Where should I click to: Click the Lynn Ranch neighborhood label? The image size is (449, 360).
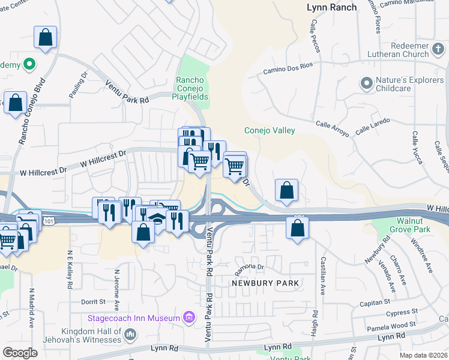(x=331, y=7)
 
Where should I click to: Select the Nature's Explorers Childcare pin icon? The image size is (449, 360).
(x=366, y=83)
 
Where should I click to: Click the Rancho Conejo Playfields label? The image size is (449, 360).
(x=190, y=88)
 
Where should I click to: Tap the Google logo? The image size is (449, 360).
(x=20, y=352)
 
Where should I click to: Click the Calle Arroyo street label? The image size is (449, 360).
(x=332, y=127)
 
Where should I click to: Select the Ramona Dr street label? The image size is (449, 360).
(x=249, y=266)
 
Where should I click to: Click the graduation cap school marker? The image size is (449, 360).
(x=158, y=220)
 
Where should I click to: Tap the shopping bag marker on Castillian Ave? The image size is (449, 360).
(x=298, y=228)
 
